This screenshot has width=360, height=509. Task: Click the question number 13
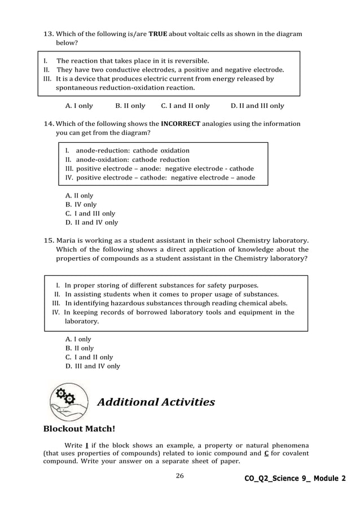coord(49,34)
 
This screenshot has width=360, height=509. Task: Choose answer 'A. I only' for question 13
coord(79,106)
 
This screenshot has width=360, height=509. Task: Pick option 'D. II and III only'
coord(257,106)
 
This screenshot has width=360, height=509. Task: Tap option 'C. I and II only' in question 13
coord(185,106)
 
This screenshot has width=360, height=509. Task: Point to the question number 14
coord(49,124)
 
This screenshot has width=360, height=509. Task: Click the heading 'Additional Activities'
coord(156,402)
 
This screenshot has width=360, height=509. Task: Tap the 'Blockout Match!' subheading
coord(79,429)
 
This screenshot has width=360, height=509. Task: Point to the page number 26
coord(179,476)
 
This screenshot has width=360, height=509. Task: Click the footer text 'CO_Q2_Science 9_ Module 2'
coord(295,479)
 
